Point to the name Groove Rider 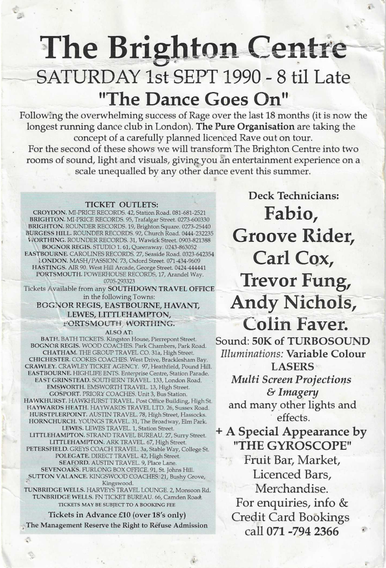(294, 236)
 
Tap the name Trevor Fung (294, 281)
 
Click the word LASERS (294, 367)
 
